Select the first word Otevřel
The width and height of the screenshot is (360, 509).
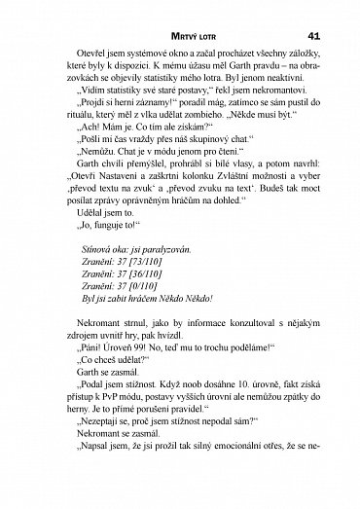point(76,48)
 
